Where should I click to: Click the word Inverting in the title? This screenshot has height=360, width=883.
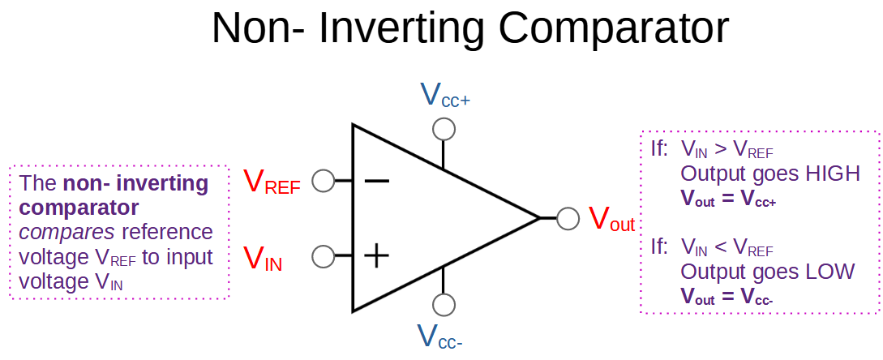pyautogui.click(x=401, y=28)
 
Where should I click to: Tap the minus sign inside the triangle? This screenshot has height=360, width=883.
pyautogui.click(x=376, y=180)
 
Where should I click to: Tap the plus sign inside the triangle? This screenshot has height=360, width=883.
pyautogui.click(x=376, y=257)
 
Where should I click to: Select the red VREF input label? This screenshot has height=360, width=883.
pyautogui.click(x=272, y=182)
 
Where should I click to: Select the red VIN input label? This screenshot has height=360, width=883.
pyautogui.click(x=263, y=259)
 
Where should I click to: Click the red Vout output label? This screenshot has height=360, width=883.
pyautogui.click(x=611, y=220)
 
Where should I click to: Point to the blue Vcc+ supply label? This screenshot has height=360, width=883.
pyautogui.click(x=444, y=96)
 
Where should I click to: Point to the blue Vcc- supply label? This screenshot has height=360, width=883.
pyautogui.click(x=440, y=336)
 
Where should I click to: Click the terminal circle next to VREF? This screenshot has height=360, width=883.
pyautogui.click(x=323, y=181)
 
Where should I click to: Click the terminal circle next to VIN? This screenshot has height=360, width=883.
pyautogui.click(x=323, y=257)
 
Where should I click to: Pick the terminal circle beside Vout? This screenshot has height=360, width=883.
pyautogui.click(x=568, y=218)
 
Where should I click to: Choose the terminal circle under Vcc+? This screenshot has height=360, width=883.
pyautogui.click(x=443, y=129)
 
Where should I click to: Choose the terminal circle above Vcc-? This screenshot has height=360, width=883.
pyautogui.click(x=443, y=305)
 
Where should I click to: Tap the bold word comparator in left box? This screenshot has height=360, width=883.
pyautogui.click(x=78, y=208)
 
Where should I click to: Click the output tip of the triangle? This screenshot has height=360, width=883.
pyautogui.click(x=538, y=217)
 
